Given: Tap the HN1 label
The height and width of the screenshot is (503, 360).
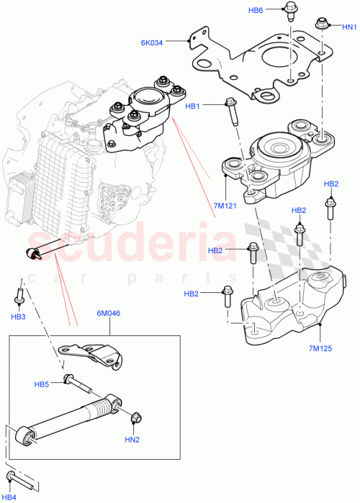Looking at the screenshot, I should tap(349, 27).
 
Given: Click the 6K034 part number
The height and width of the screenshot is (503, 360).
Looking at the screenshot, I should tap(152, 42).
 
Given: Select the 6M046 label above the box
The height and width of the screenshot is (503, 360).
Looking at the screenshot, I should tap(110, 314).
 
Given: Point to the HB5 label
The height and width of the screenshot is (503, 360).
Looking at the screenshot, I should tap(42, 384).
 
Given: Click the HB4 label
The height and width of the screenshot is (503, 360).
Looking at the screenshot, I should tap(12, 496).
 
